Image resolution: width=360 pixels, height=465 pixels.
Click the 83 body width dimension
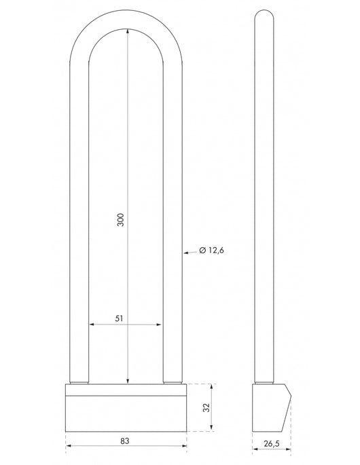tap(125, 441)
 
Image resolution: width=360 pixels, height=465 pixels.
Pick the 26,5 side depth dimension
tap(272, 444)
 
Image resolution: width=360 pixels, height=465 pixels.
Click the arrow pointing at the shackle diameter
tap(189, 253)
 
